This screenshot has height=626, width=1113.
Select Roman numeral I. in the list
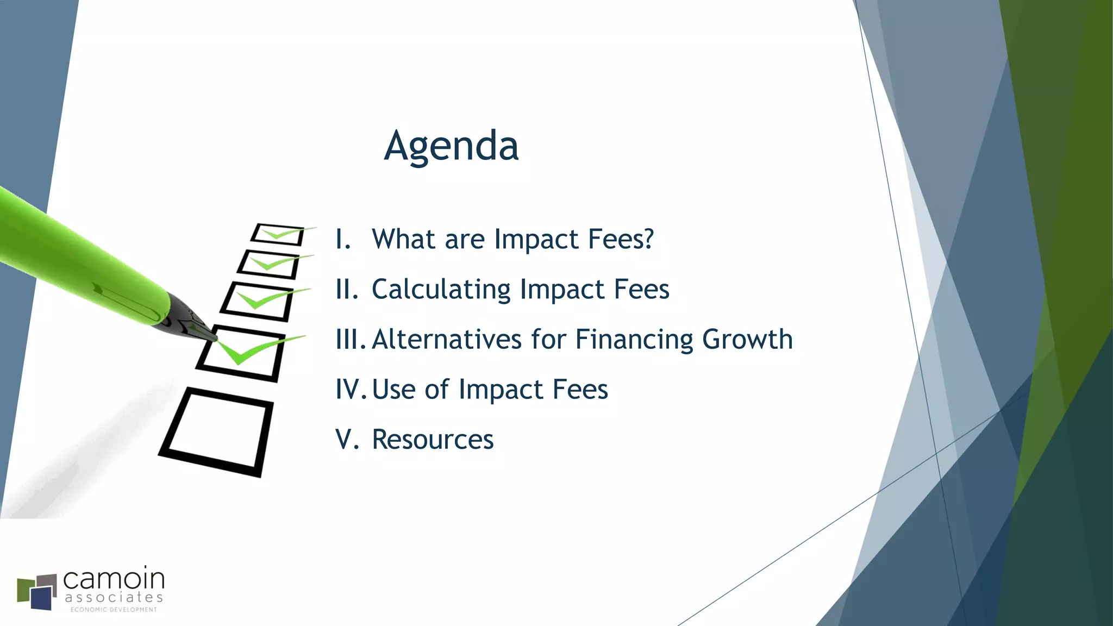coord(343,239)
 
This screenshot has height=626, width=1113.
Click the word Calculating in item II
coord(441,290)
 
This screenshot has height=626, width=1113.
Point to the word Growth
coord(747,340)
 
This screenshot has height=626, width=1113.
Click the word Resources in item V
coord(433,440)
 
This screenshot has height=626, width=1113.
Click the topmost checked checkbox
coord(277,235)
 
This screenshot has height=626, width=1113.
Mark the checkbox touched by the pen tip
coord(241,353)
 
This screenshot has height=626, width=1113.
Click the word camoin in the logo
coord(114,579)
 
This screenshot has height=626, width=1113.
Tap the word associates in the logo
coord(114,598)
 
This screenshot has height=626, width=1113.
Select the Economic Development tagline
coord(114,610)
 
